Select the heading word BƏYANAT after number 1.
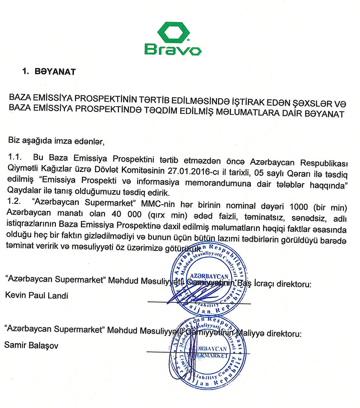coord(55,71)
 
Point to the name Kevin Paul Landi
coord(32,296)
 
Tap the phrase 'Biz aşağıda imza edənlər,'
coord(56,142)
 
